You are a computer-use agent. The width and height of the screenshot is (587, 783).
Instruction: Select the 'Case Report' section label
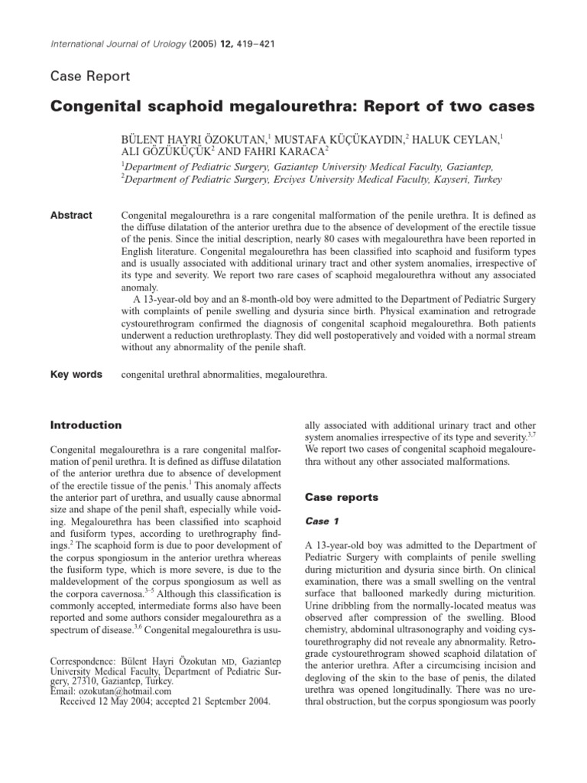click(x=89, y=76)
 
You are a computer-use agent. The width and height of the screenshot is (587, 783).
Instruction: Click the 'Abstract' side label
click(x=71, y=216)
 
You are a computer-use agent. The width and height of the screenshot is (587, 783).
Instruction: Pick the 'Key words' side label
click(x=76, y=375)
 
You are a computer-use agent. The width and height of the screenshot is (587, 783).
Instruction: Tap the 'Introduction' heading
click(x=86, y=425)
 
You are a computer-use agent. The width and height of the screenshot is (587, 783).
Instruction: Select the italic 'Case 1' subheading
click(x=323, y=521)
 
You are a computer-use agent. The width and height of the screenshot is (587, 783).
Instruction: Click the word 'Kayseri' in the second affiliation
click(x=446, y=180)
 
